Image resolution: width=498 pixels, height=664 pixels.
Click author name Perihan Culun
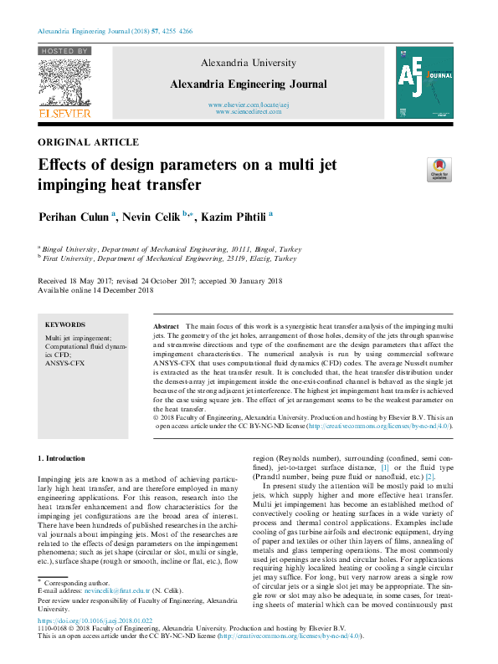[x=74, y=217]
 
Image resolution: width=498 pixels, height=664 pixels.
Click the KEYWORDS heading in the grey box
[x=65, y=324]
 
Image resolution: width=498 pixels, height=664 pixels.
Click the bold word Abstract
[x=167, y=324]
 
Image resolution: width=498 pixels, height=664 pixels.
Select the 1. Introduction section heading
[x=63, y=459]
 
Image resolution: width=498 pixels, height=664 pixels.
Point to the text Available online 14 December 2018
[x=95, y=290]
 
